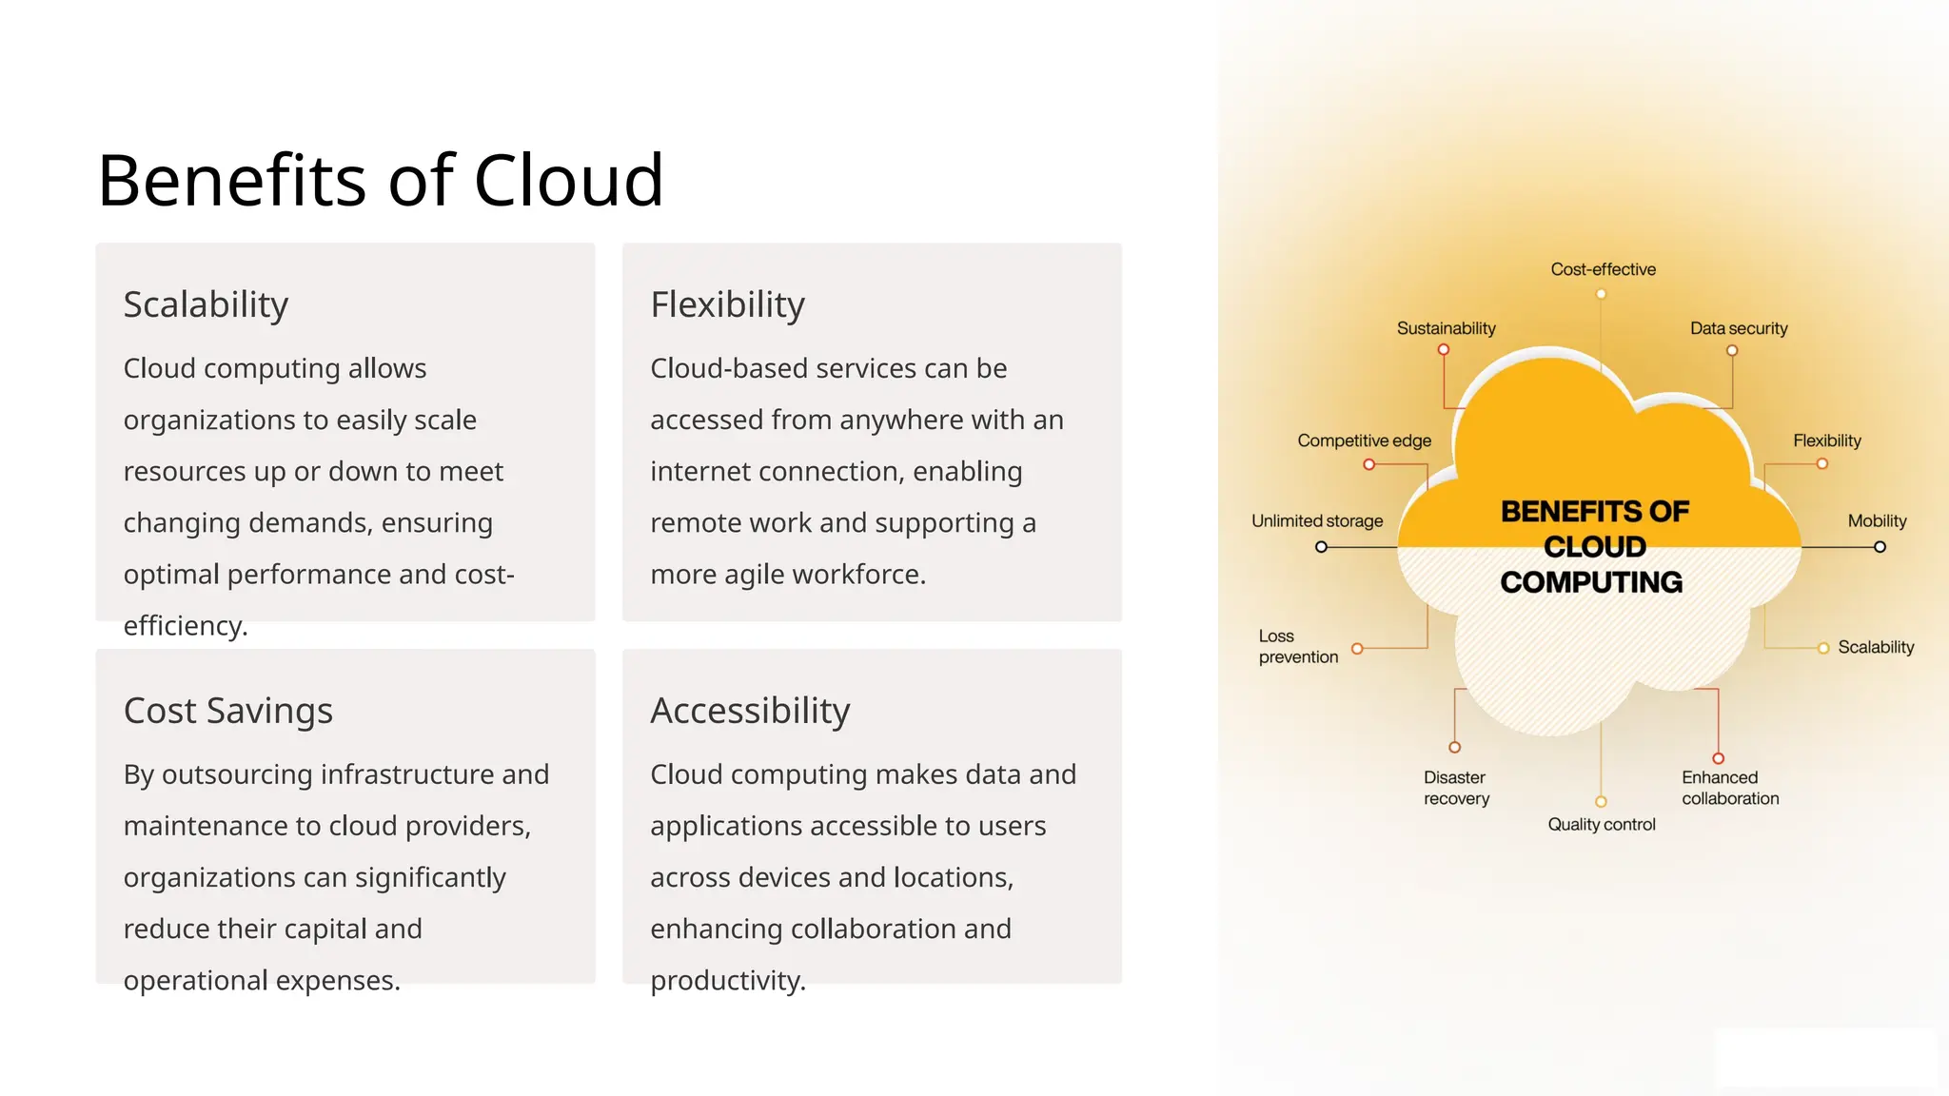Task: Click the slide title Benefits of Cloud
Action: click(380, 180)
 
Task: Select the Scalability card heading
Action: click(206, 304)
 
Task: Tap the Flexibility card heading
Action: click(727, 304)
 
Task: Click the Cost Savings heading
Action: click(228, 711)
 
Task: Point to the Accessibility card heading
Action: click(750, 711)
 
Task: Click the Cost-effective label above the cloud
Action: click(1603, 269)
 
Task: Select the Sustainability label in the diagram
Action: click(1446, 328)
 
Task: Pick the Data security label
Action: click(1739, 328)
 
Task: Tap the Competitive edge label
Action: click(1364, 440)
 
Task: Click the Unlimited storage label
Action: click(1317, 520)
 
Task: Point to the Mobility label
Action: click(1877, 520)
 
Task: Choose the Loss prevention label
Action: click(1298, 646)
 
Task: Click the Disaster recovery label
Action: click(1456, 788)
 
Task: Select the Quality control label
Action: click(1602, 824)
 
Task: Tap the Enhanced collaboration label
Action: click(1729, 788)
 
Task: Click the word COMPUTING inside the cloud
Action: click(1591, 582)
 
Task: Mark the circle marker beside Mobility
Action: click(1880, 547)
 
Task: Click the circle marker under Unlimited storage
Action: click(1321, 547)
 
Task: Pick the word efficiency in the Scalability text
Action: click(184, 625)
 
